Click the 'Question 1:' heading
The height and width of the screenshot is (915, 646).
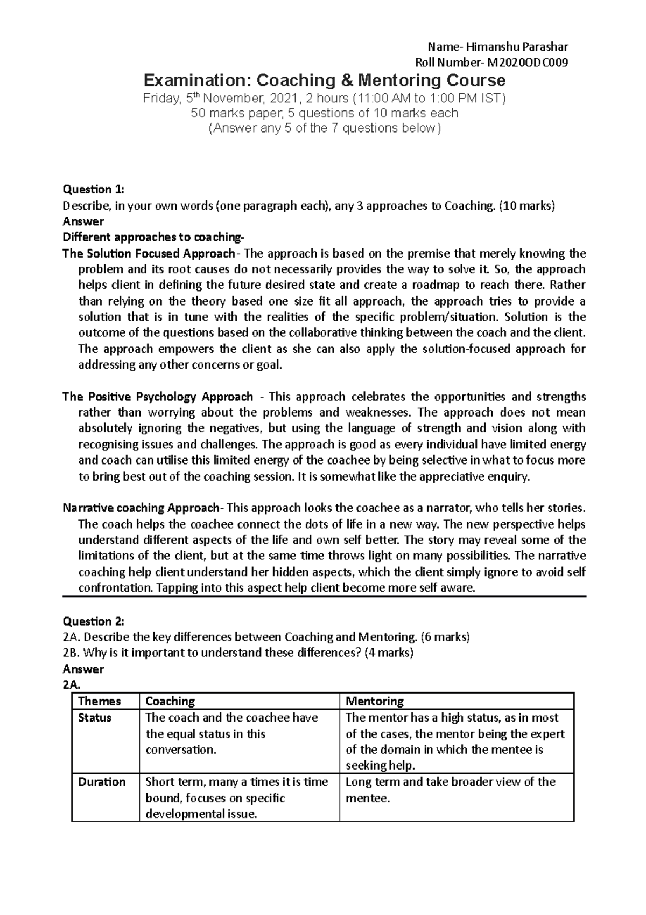pyautogui.click(x=93, y=189)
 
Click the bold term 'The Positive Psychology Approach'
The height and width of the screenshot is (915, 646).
pyautogui.click(x=158, y=397)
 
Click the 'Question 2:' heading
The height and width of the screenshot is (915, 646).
pyautogui.click(x=93, y=621)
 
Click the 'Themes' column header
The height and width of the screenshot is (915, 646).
pyautogui.click(x=99, y=701)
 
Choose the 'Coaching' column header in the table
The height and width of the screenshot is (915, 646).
pyautogui.click(x=170, y=701)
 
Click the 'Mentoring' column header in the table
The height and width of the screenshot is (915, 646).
pyautogui.click(x=374, y=701)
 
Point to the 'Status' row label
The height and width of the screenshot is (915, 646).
pyautogui.click(x=95, y=718)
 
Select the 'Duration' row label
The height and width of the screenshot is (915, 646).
pyautogui.click(x=102, y=782)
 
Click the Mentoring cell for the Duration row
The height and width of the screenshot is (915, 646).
pyautogui.click(x=450, y=790)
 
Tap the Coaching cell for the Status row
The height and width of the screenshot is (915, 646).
pyautogui.click(x=231, y=733)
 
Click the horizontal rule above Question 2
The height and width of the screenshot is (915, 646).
pyautogui.click(x=324, y=597)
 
